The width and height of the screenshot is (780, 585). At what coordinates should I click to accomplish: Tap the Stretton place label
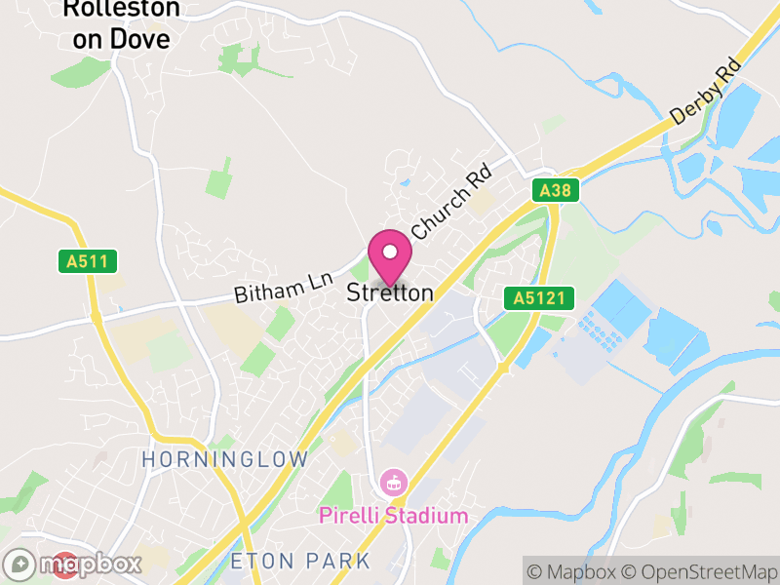(x=390, y=292)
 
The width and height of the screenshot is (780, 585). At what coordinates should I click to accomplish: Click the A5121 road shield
(x=539, y=298)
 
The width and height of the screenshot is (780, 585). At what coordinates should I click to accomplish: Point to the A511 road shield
(x=87, y=261)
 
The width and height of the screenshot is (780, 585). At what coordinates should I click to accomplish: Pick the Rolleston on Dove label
(x=121, y=24)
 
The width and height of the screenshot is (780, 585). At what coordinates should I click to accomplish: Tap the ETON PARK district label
(x=300, y=561)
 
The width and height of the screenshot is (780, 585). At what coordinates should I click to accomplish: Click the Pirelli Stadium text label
(x=394, y=516)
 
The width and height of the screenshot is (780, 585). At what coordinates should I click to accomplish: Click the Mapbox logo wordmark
(x=89, y=564)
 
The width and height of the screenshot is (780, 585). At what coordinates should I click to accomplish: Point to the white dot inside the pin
(x=390, y=252)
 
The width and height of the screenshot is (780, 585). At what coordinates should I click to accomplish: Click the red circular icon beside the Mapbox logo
(x=65, y=565)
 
